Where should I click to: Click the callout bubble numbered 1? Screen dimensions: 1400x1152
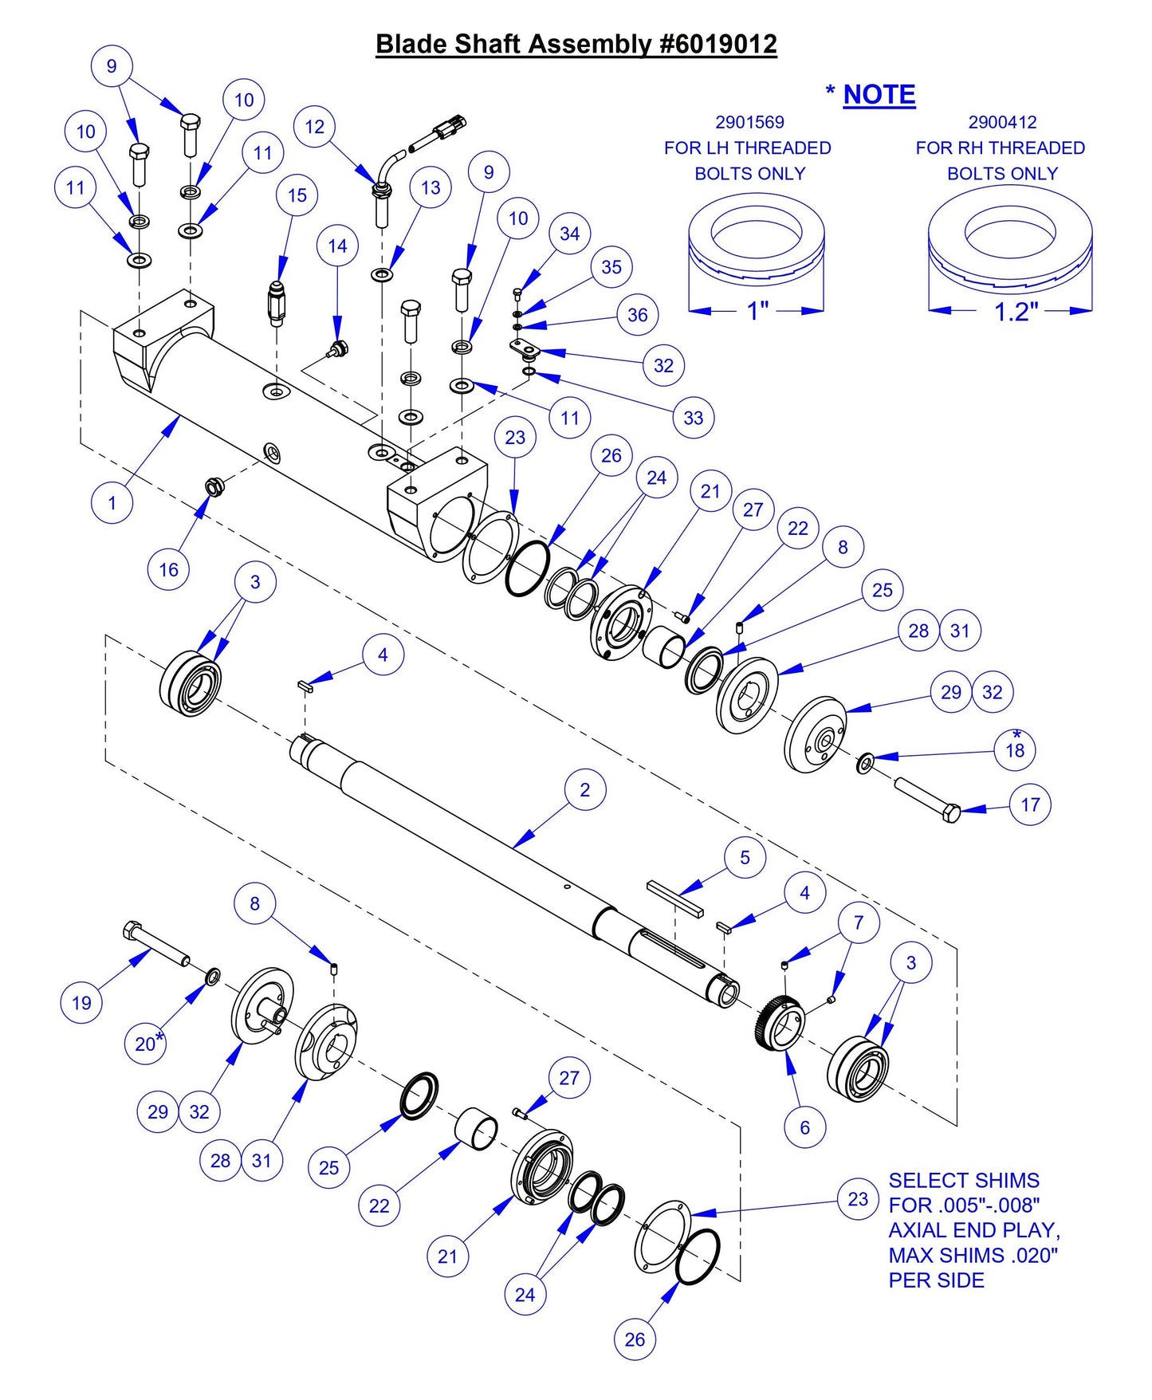112,503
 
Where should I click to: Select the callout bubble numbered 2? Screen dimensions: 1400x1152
585,790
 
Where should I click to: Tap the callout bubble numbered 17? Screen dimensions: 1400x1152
1030,805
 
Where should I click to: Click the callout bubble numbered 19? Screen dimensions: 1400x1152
82,1003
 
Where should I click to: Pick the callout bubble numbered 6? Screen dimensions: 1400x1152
804,1127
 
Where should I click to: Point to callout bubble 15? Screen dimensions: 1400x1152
297,195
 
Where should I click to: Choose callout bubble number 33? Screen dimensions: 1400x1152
694,418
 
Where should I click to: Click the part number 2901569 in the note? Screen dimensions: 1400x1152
749,123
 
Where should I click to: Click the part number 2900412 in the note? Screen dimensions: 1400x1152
1002,123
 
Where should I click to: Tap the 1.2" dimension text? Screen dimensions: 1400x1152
1016,312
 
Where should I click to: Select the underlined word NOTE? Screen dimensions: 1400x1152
879,95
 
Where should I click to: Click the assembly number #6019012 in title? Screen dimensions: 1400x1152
718,44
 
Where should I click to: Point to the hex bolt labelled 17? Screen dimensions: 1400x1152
929,800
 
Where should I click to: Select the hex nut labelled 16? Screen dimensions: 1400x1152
214,486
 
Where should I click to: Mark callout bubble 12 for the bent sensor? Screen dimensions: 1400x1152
315,127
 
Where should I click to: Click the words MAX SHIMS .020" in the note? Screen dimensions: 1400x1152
973,1255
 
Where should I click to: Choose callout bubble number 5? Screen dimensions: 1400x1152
745,858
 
